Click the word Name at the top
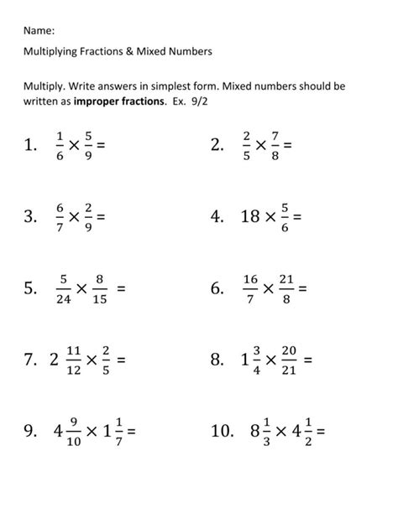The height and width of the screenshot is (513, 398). pyautogui.click(x=39, y=30)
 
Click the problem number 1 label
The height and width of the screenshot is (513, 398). pyautogui.click(x=33, y=148)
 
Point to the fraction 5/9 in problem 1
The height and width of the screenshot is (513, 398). pyautogui.click(x=88, y=147)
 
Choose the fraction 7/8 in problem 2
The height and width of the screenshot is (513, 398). pyautogui.click(x=275, y=147)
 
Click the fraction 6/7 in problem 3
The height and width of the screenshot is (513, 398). pyautogui.click(x=59, y=218)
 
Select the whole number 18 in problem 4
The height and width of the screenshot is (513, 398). pyautogui.click(x=249, y=218)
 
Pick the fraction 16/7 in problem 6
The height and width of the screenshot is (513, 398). pyautogui.click(x=250, y=289)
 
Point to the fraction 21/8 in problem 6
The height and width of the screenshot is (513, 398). pyautogui.click(x=288, y=289)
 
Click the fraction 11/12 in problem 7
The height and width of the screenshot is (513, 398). pyautogui.click(x=73, y=360)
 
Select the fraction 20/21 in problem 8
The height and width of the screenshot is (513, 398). pyautogui.click(x=289, y=360)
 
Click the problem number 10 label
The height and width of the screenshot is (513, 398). pyautogui.click(x=223, y=433)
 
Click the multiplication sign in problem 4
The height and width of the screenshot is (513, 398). pyautogui.click(x=270, y=219)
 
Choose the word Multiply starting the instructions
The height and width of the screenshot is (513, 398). pyautogui.click(x=43, y=86)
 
